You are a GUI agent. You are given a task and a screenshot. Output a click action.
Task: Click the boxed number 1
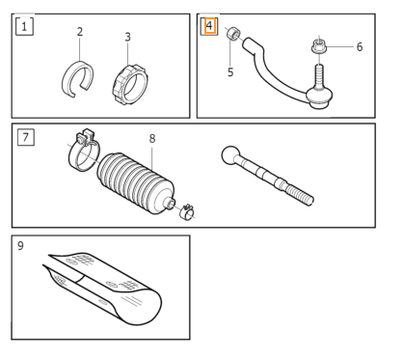[24, 27]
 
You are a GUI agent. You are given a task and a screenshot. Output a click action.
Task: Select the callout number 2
[80, 32]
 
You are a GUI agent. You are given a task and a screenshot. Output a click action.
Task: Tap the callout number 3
[127, 37]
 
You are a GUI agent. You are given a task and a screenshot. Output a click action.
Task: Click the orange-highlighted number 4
[209, 25]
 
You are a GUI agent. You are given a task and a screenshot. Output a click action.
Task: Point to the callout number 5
[230, 72]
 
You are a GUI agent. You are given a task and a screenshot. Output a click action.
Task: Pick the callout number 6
[360, 47]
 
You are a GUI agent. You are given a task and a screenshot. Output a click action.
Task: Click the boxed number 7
[26, 137]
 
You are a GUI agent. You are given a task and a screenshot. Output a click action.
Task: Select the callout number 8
[152, 139]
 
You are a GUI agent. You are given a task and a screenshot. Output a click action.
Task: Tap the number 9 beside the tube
[20, 246]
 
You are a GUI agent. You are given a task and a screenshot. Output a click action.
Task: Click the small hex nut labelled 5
[233, 34]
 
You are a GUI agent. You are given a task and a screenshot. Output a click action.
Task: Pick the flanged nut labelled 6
[319, 47]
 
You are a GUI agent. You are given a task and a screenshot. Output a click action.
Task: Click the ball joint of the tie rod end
[318, 97]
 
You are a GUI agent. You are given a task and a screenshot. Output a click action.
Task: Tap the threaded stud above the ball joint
[319, 75]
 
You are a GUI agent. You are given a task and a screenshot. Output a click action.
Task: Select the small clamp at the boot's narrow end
[187, 212]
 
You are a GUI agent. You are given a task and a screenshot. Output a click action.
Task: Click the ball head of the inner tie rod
[230, 154]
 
